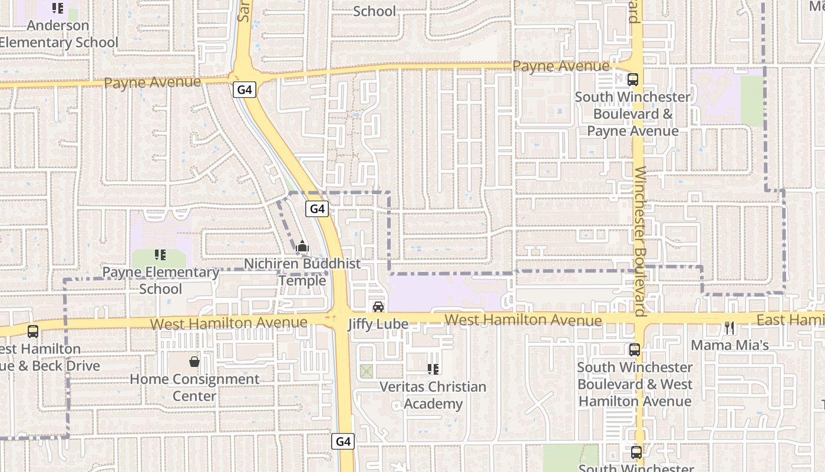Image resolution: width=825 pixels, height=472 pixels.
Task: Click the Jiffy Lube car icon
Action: pyautogui.click(x=378, y=307)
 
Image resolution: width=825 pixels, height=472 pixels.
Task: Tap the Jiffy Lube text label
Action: pyautogui.click(x=378, y=324)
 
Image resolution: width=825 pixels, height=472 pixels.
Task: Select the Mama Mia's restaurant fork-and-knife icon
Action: pyautogui.click(x=730, y=328)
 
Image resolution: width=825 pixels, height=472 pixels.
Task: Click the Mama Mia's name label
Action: pyautogui.click(x=730, y=345)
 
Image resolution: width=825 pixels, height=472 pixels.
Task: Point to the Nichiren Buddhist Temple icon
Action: pyautogui.click(x=302, y=247)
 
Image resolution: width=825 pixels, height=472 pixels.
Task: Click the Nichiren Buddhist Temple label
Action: pyautogui.click(x=302, y=272)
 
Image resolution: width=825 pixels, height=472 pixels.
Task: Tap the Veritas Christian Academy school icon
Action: pyautogui.click(x=433, y=369)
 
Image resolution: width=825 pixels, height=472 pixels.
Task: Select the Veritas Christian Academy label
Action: pyautogui.click(x=433, y=395)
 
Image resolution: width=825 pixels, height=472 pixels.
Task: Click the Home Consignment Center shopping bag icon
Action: pyautogui.click(x=194, y=362)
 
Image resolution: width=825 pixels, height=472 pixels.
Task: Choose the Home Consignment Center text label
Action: pyautogui.click(x=194, y=387)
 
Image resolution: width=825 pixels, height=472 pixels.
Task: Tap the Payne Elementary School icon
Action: pyautogui.click(x=160, y=255)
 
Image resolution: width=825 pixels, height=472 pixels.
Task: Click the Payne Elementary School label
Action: pyautogui.click(x=160, y=280)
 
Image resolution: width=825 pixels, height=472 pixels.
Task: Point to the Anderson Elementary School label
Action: pyautogui.click(x=58, y=34)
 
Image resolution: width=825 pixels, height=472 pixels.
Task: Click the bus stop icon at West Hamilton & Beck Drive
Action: pyautogui.click(x=33, y=332)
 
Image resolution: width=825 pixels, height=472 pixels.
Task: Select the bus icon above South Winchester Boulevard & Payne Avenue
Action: pyautogui.click(x=633, y=79)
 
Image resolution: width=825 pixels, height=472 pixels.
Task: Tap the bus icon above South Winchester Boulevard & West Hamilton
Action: pyautogui.click(x=635, y=350)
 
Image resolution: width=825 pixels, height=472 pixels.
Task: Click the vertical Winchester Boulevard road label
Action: pyautogui.click(x=641, y=242)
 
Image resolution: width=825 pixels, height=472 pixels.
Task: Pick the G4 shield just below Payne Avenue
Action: pyautogui.click(x=245, y=90)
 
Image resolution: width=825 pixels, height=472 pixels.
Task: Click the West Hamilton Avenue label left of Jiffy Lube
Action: pyautogui.click(x=229, y=323)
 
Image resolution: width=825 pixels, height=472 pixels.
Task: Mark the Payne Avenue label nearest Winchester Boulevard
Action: pyautogui.click(x=560, y=66)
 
